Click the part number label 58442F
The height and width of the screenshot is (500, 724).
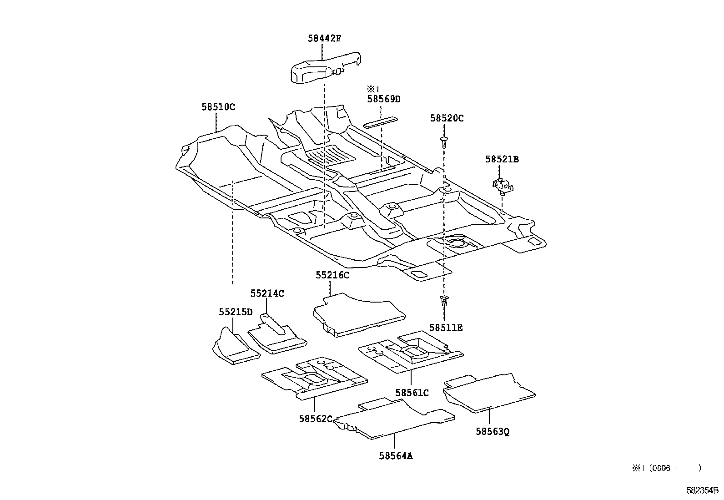(324, 39)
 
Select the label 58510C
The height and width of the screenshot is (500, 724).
(218, 107)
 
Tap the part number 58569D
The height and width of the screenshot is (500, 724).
(384, 99)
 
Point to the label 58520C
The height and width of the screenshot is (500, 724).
(447, 118)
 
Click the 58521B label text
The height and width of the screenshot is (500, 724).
(502, 159)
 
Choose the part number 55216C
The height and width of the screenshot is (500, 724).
(332, 275)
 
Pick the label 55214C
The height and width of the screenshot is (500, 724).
(267, 294)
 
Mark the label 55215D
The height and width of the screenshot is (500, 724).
(236, 312)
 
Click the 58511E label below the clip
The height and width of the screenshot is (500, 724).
(446, 328)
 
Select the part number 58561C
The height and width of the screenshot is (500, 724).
(412, 393)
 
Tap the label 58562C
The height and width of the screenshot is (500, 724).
(316, 419)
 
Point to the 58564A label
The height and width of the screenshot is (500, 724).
(396, 455)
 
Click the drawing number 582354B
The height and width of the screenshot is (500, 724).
(702, 491)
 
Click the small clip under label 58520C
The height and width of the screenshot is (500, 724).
(444, 141)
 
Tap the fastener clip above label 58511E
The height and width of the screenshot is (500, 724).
(444, 301)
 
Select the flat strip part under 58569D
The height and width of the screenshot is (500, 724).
(381, 121)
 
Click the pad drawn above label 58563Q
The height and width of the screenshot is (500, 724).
(489, 393)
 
